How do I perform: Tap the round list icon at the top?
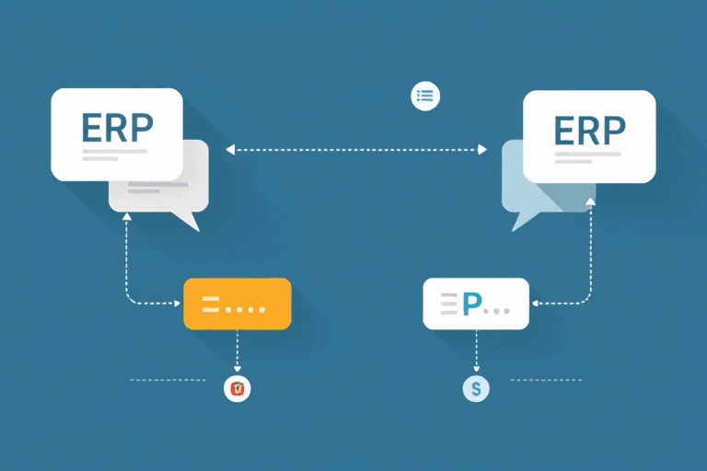pyautogui.click(x=424, y=96)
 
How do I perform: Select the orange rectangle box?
pyautogui.click(x=238, y=304)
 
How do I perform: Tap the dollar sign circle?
pyautogui.click(x=476, y=388)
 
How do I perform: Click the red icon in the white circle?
pyautogui.click(x=238, y=389)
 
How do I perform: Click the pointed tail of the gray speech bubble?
pyautogui.click(x=191, y=224)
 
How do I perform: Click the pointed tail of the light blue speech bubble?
pyautogui.click(x=519, y=224)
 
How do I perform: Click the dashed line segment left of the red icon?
pyautogui.click(x=168, y=379)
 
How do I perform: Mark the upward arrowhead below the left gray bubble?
pyautogui.click(x=126, y=217)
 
